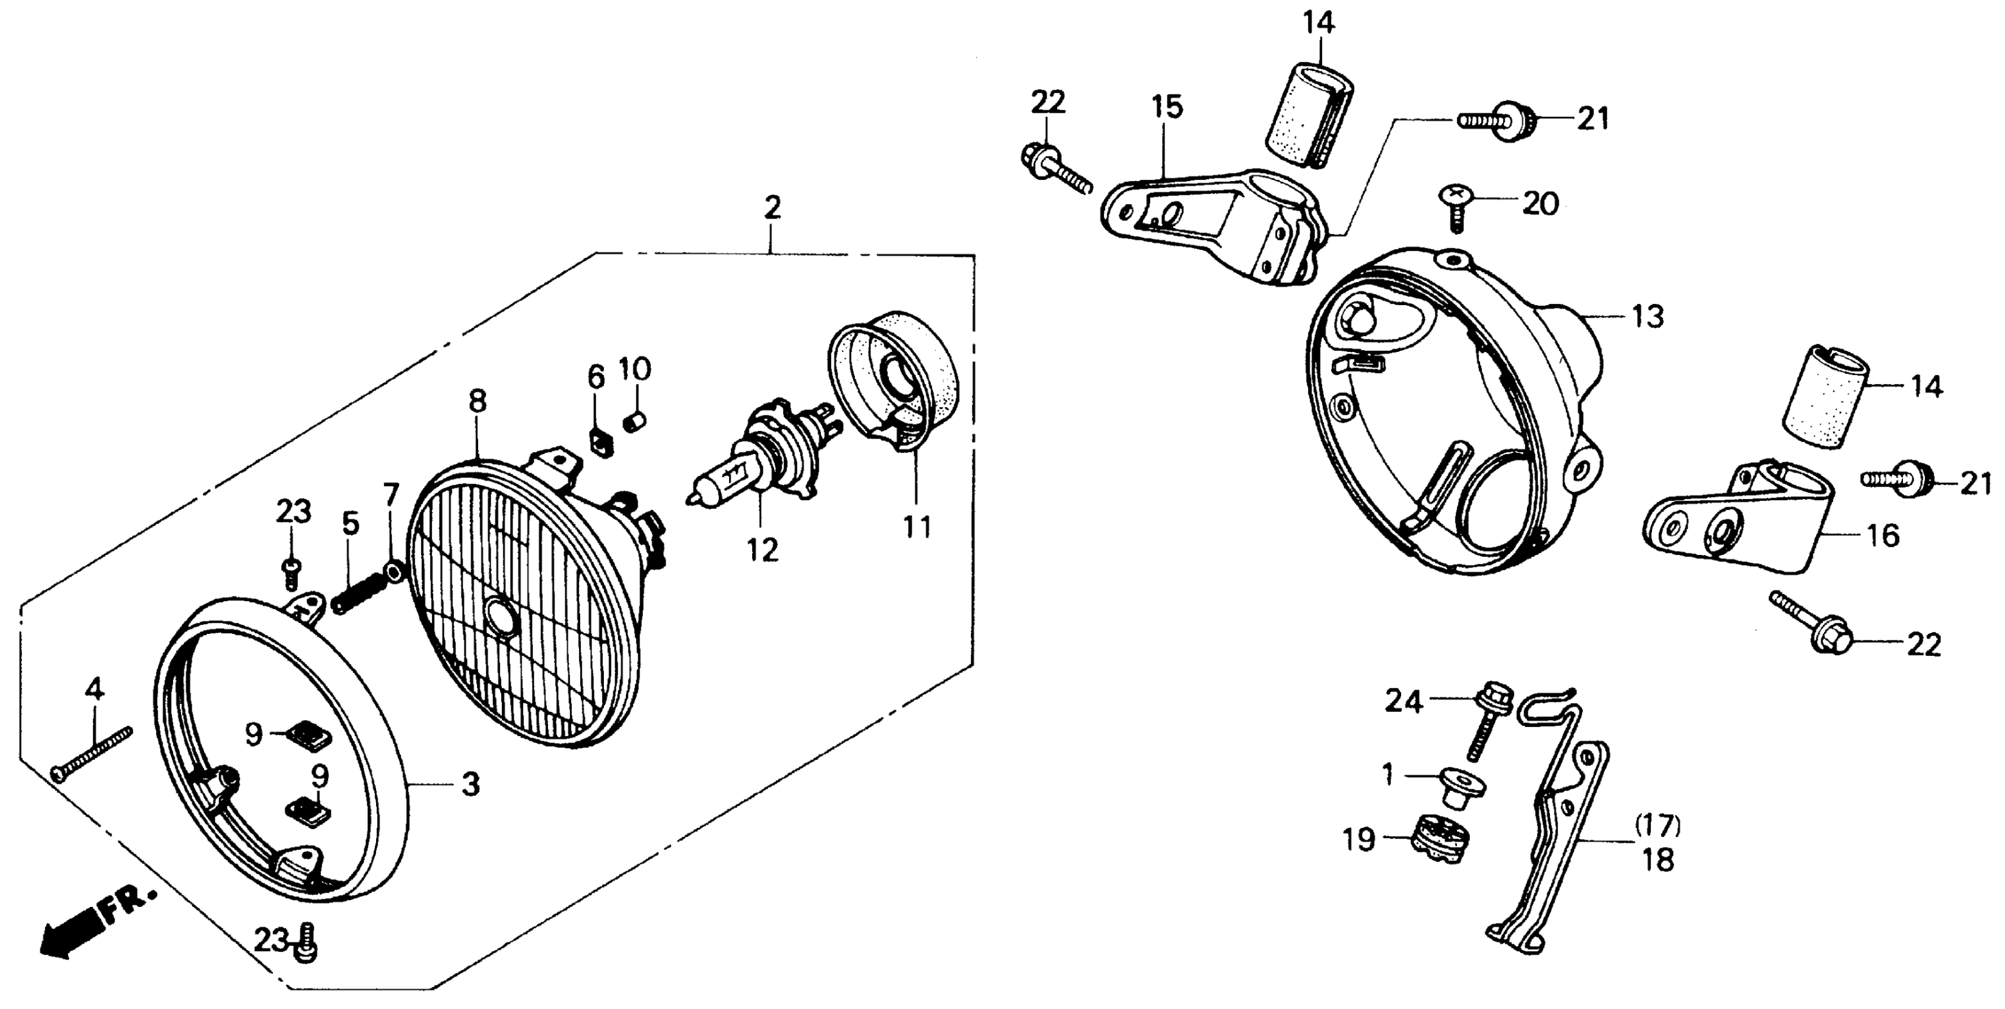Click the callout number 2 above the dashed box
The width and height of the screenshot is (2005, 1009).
pyautogui.click(x=771, y=207)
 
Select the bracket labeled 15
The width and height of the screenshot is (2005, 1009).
pyautogui.click(x=1214, y=226)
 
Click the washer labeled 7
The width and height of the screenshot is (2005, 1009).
pyautogui.click(x=394, y=574)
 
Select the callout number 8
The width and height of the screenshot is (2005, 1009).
pyautogui.click(x=477, y=401)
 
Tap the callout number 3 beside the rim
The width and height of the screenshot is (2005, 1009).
pyautogui.click(x=470, y=785)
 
